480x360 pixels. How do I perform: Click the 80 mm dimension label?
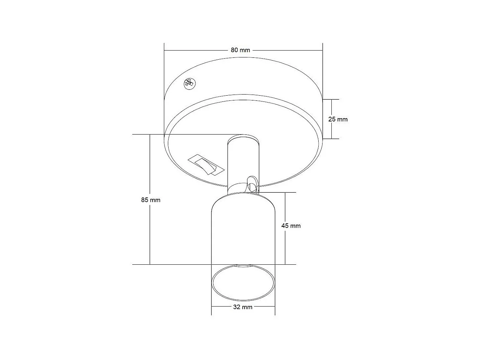[240, 50]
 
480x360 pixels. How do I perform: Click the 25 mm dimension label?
[338, 119]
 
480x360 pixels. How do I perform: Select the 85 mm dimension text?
[150, 200]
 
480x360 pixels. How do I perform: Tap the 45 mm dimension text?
[291, 226]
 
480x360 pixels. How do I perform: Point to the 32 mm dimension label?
[243, 307]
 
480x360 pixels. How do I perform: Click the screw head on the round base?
[189, 83]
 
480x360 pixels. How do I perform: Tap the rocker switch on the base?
[205, 165]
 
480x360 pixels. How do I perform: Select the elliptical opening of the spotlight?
[243, 282]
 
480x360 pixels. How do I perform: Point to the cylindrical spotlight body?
[243, 233]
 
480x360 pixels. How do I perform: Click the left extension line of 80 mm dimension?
[164, 73]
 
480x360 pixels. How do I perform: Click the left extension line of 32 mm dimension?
[211, 302]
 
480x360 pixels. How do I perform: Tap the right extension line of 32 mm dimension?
[275, 302]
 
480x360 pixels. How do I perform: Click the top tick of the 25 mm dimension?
[331, 99]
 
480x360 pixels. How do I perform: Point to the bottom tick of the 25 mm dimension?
[331, 139]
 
